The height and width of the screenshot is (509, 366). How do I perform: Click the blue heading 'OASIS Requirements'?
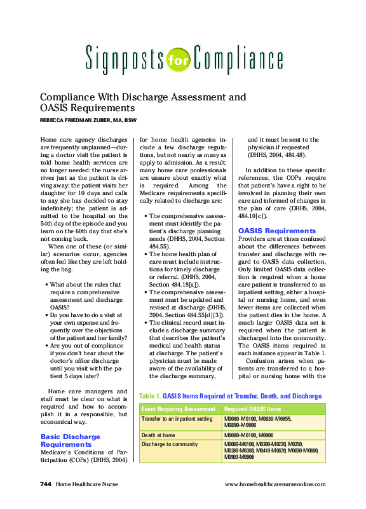pos(276,231)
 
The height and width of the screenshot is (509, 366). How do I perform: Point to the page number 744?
pos(44,484)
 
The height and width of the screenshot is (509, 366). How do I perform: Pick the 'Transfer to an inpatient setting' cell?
pos(177,419)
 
